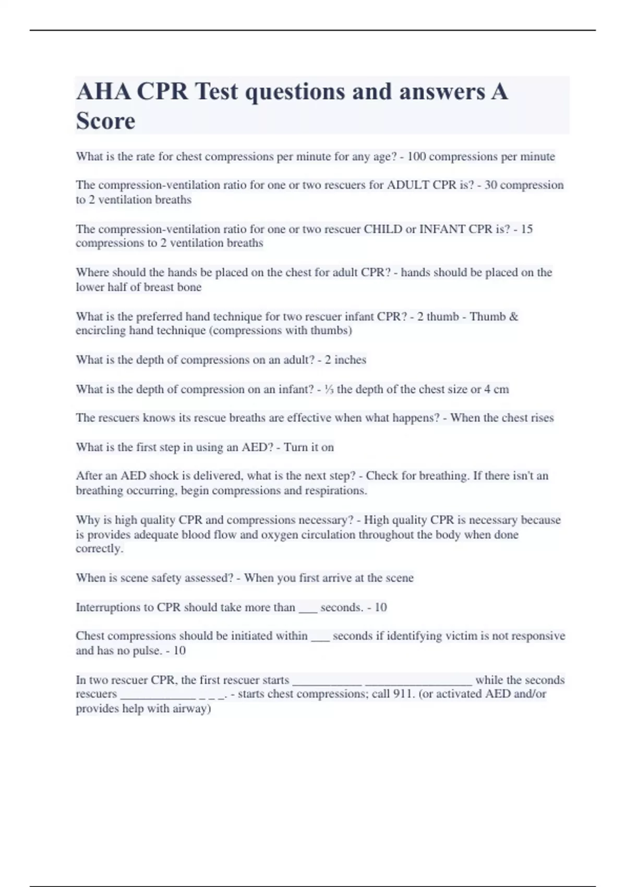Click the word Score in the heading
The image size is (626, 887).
click(x=105, y=121)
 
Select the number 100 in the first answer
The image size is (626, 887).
click(x=416, y=157)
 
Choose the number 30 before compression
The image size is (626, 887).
click(x=490, y=185)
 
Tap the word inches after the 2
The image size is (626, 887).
click(x=350, y=360)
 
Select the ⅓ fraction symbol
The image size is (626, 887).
click(x=329, y=389)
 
